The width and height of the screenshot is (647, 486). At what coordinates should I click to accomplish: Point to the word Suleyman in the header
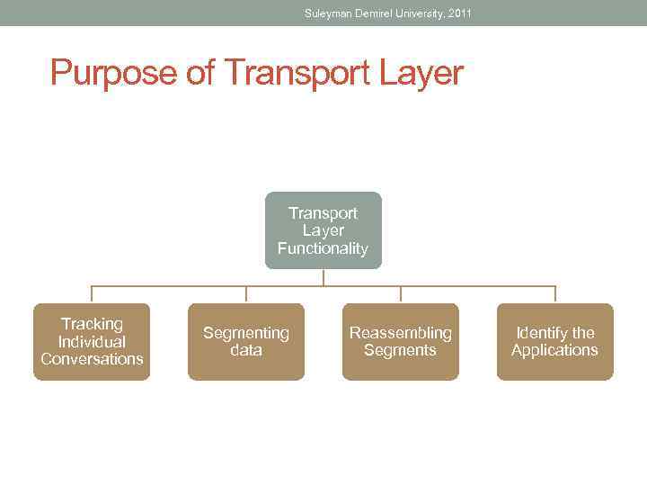pos(329,13)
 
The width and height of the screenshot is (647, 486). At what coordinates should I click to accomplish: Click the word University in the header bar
pos(412,13)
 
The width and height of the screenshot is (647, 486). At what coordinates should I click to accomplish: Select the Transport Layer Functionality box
pos(323,230)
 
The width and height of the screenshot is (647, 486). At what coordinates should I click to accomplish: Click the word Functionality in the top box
pos(323,249)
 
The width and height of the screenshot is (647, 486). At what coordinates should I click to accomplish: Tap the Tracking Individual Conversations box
pos(92,342)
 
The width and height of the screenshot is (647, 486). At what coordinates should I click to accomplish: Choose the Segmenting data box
pos(246,342)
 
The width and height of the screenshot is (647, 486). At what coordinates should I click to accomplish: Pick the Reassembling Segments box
pos(401,342)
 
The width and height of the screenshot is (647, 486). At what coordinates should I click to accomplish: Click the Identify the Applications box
pos(554,342)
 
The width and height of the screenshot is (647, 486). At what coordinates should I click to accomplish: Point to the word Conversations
pos(92,359)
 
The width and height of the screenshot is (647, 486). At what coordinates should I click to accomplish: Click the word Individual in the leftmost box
pos(92,342)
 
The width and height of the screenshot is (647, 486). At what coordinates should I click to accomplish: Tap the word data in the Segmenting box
pos(246,350)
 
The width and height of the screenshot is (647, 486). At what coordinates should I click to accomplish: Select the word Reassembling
pos(401,333)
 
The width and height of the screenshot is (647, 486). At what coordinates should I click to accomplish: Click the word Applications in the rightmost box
pos(554,350)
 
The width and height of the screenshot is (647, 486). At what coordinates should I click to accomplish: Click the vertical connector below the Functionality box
pos(323,278)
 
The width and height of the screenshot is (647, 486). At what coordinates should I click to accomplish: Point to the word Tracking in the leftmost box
pos(92,324)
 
